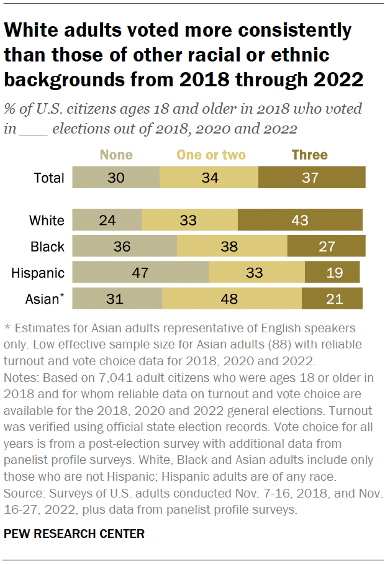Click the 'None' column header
click(116, 155)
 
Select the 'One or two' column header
click(211, 155)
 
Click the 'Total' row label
click(48, 178)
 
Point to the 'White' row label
click(47, 221)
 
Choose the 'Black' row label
click(47, 247)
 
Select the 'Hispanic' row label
click(38, 273)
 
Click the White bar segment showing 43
click(300, 221)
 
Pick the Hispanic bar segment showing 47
click(140, 273)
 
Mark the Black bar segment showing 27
click(326, 247)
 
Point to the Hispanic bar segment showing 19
click(332, 273)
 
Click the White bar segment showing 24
click(107, 221)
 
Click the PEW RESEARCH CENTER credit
click(75, 534)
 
